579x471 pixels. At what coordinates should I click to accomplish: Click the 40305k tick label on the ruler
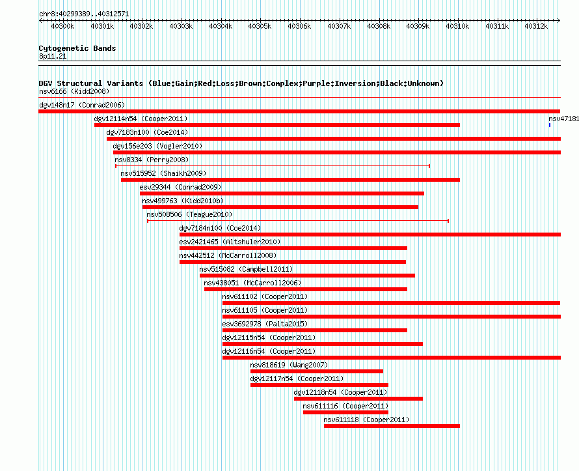[x=260, y=26]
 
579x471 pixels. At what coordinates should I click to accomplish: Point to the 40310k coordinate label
[x=457, y=26]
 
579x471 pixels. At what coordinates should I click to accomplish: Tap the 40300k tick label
[x=62, y=26]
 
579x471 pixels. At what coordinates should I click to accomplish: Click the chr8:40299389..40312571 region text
[x=84, y=14]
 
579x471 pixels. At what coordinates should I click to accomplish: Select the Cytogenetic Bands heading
[x=77, y=48]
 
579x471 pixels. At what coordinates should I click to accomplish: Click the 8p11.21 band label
[x=53, y=56]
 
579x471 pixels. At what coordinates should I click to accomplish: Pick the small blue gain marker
[x=550, y=125]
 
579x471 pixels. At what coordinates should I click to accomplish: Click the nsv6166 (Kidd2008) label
[x=74, y=91]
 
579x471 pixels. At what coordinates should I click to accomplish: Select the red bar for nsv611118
[x=392, y=426]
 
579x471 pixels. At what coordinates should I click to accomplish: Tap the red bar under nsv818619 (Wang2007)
[x=317, y=371]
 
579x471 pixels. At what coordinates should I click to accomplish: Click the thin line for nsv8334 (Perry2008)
[x=273, y=166]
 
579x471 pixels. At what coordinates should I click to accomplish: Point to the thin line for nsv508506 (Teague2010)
[x=298, y=221]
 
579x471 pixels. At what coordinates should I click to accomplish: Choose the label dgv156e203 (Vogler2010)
[x=157, y=146]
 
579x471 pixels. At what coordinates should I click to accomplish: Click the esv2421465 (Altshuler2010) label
[x=230, y=242]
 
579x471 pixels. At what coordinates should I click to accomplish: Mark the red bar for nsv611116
[x=345, y=412]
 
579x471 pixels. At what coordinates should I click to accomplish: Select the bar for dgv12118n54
[x=358, y=399]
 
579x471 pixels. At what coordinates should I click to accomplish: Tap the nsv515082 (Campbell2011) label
[x=246, y=269]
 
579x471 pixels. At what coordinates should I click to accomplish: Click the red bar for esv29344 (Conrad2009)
[x=282, y=193]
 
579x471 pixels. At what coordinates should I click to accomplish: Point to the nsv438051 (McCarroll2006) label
[x=252, y=283]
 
